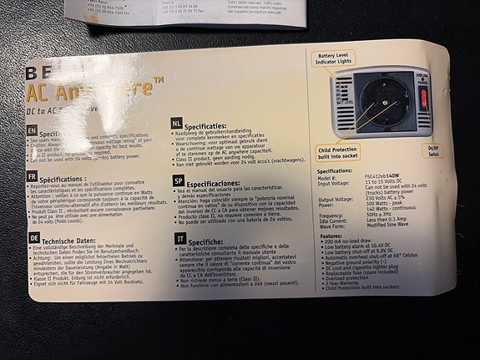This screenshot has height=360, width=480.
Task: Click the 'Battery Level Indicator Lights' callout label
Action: pyautogui.click(x=335, y=60)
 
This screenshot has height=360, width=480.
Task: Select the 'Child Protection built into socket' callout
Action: pyautogui.click(x=338, y=153)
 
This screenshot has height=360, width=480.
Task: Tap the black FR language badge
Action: pyautogui.click(x=31, y=177)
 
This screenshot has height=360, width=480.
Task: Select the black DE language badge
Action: pyautogui.click(x=34, y=237)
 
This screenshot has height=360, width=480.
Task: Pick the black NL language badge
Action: pyautogui.click(x=177, y=122)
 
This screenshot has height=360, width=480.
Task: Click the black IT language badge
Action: pyautogui.click(x=180, y=238)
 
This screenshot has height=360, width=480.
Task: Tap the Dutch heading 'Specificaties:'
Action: pyautogui.click(x=215, y=123)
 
